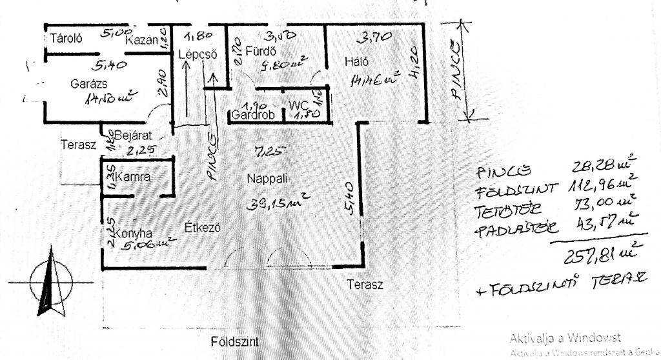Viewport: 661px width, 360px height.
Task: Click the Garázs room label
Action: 89,84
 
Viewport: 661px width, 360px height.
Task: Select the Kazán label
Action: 142,39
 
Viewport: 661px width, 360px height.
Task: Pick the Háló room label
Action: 357,62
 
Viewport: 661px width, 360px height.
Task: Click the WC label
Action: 299,105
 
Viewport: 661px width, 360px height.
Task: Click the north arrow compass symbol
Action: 50,285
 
